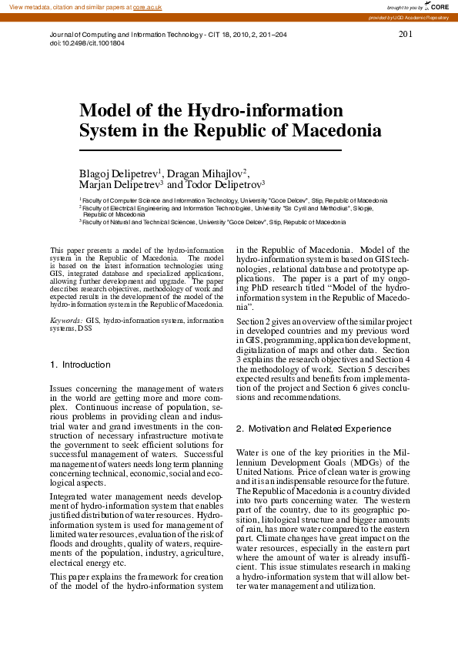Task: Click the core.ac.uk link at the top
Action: click(x=147, y=7)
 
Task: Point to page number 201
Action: click(x=406, y=35)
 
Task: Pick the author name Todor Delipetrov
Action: click(x=224, y=185)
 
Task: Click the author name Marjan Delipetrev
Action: click(x=121, y=185)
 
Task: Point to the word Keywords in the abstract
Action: click(x=65, y=319)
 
